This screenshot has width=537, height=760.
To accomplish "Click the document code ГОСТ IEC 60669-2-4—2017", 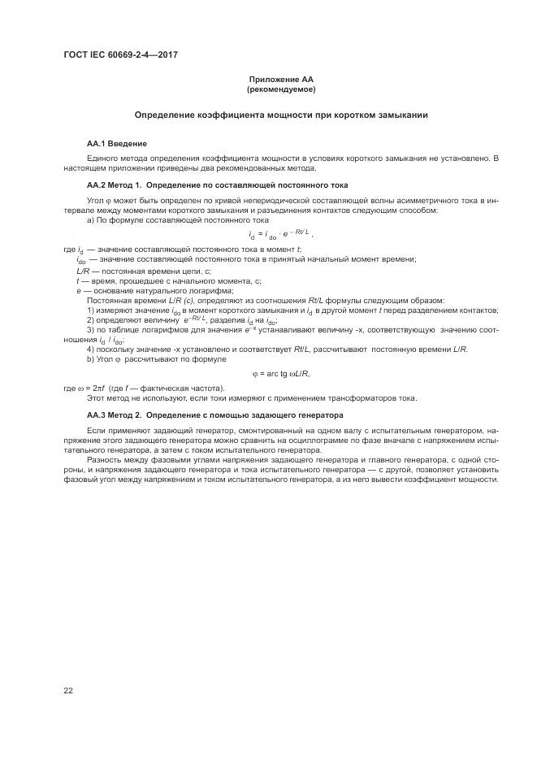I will click(120, 55).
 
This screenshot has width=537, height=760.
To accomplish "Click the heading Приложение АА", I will click(280, 80).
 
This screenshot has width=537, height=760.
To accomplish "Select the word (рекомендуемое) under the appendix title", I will click(280, 89).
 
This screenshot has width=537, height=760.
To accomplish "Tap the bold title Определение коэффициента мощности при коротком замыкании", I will click(280, 115).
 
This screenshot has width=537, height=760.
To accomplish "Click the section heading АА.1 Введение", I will click(116, 143).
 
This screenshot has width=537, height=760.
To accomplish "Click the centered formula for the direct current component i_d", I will click(280, 235).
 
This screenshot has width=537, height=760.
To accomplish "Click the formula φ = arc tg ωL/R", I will click(281, 373).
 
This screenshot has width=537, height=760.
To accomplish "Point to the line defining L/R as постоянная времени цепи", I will click(144, 270).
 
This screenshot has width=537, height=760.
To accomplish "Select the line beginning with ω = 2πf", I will click(143, 388).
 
